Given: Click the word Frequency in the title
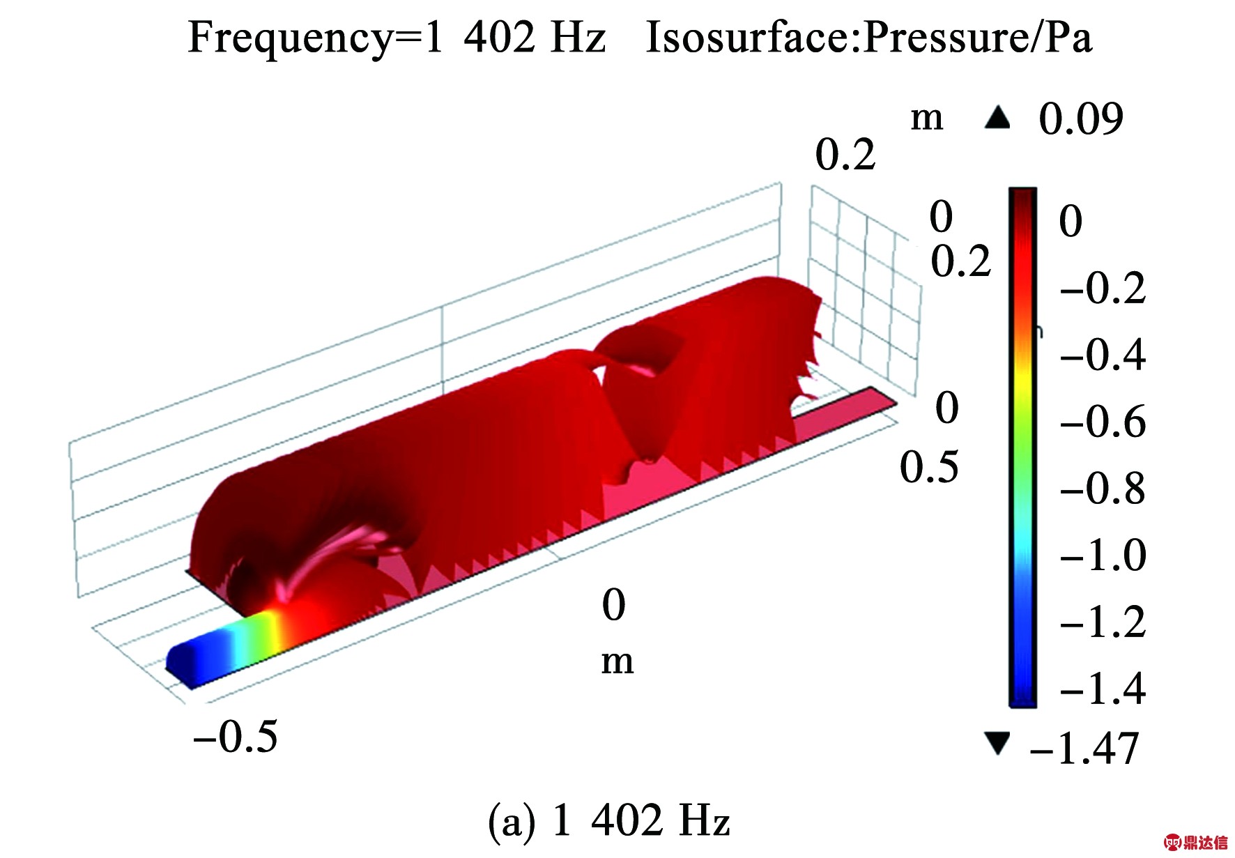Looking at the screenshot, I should [x=290, y=38].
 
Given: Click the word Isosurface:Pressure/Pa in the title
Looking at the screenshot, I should [x=868, y=38].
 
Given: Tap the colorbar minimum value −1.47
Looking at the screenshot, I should [x=1084, y=749].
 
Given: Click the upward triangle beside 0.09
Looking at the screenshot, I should [x=997, y=118].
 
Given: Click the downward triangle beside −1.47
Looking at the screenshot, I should [x=997, y=743].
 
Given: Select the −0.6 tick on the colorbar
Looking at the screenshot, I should [x=1103, y=422].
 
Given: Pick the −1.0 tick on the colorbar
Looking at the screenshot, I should [x=1103, y=556].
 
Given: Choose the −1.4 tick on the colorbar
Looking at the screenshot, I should [x=1103, y=689].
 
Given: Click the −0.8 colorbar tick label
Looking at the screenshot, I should [x=1103, y=489].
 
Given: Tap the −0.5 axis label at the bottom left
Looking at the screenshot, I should [x=236, y=737].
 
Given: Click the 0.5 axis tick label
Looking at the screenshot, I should [x=929, y=467].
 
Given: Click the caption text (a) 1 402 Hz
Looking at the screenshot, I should [x=609, y=820].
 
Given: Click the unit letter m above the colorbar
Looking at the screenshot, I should [x=927, y=118].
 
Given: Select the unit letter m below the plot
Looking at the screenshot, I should [x=617, y=661].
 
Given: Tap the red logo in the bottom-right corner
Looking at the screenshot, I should [x=1195, y=843].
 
